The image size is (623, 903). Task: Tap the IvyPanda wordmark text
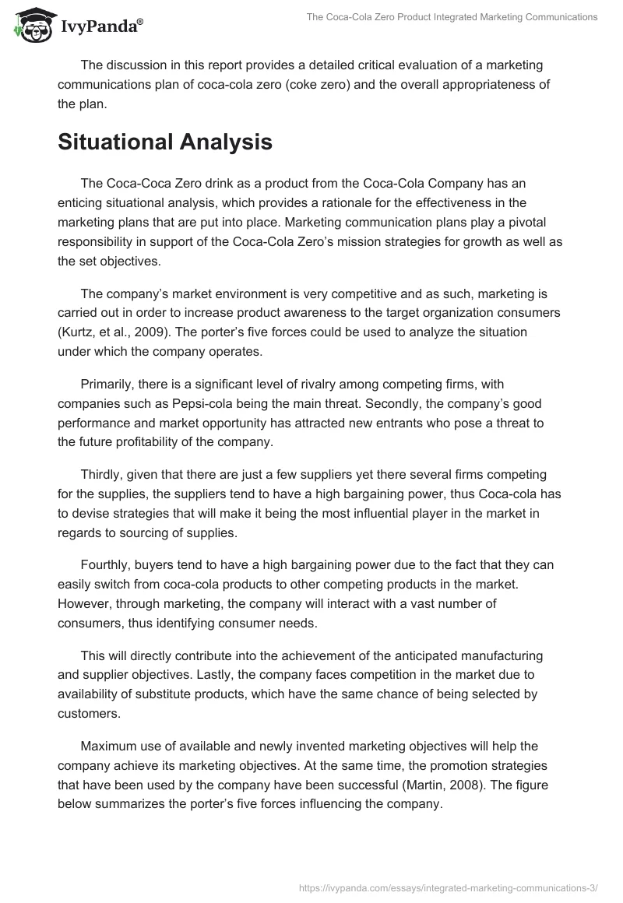point(100,26)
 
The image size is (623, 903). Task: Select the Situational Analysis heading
point(165,142)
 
